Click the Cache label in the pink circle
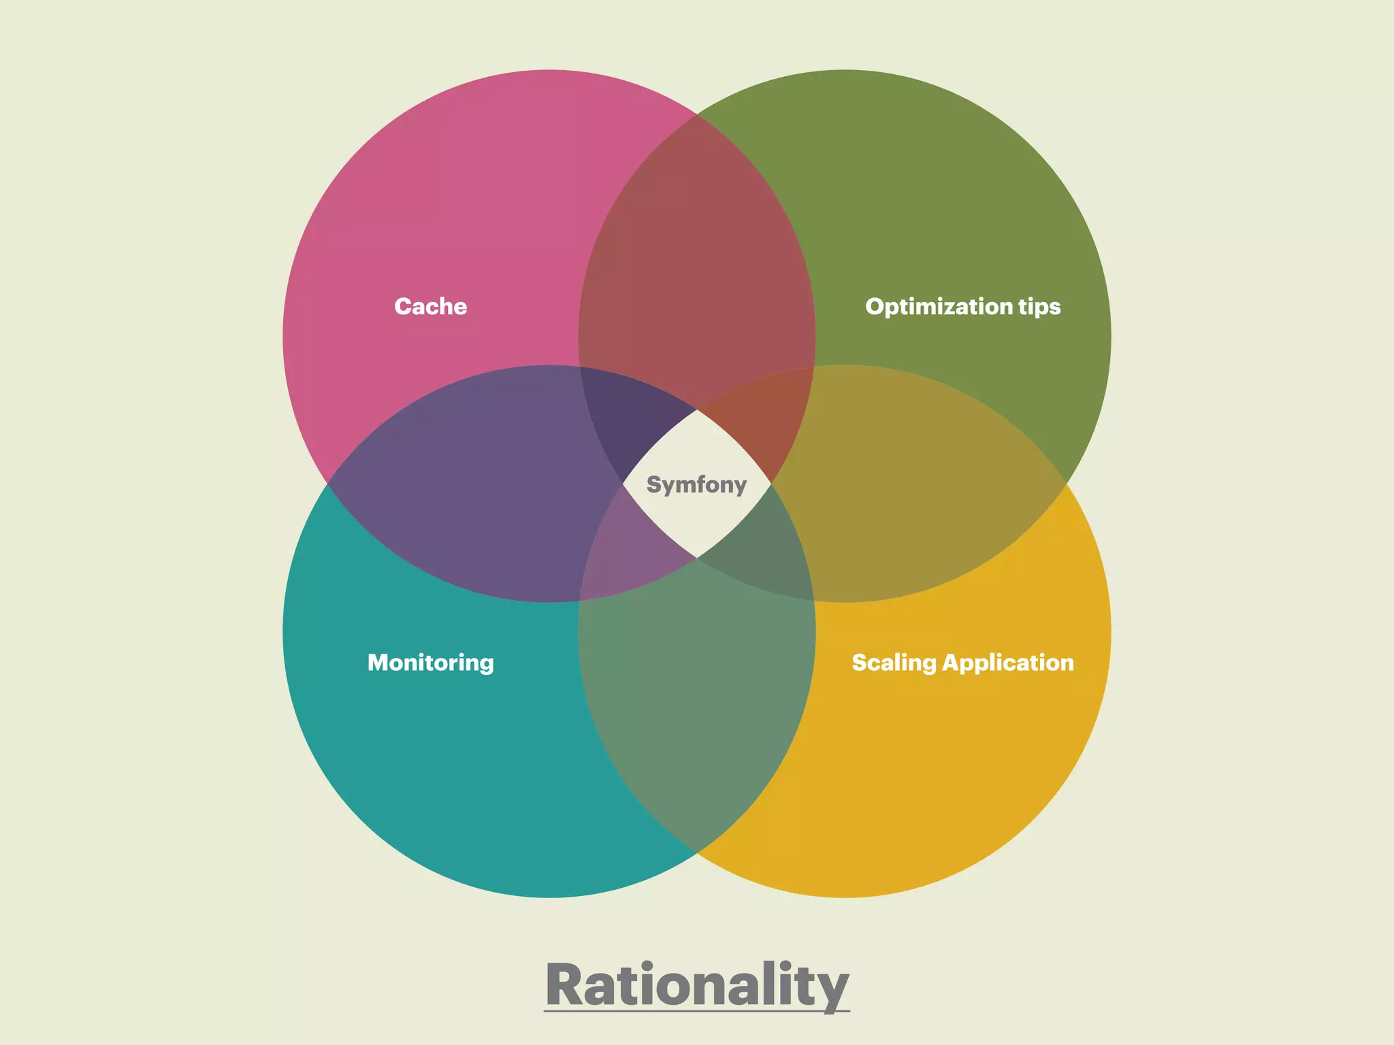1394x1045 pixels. coord(430,306)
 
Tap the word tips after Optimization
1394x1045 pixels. coord(1039,307)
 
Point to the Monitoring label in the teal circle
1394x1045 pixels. coord(430,663)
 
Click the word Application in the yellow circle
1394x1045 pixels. coord(1008,663)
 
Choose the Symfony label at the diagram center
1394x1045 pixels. coord(696,484)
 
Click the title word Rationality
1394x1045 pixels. coord(697,984)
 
